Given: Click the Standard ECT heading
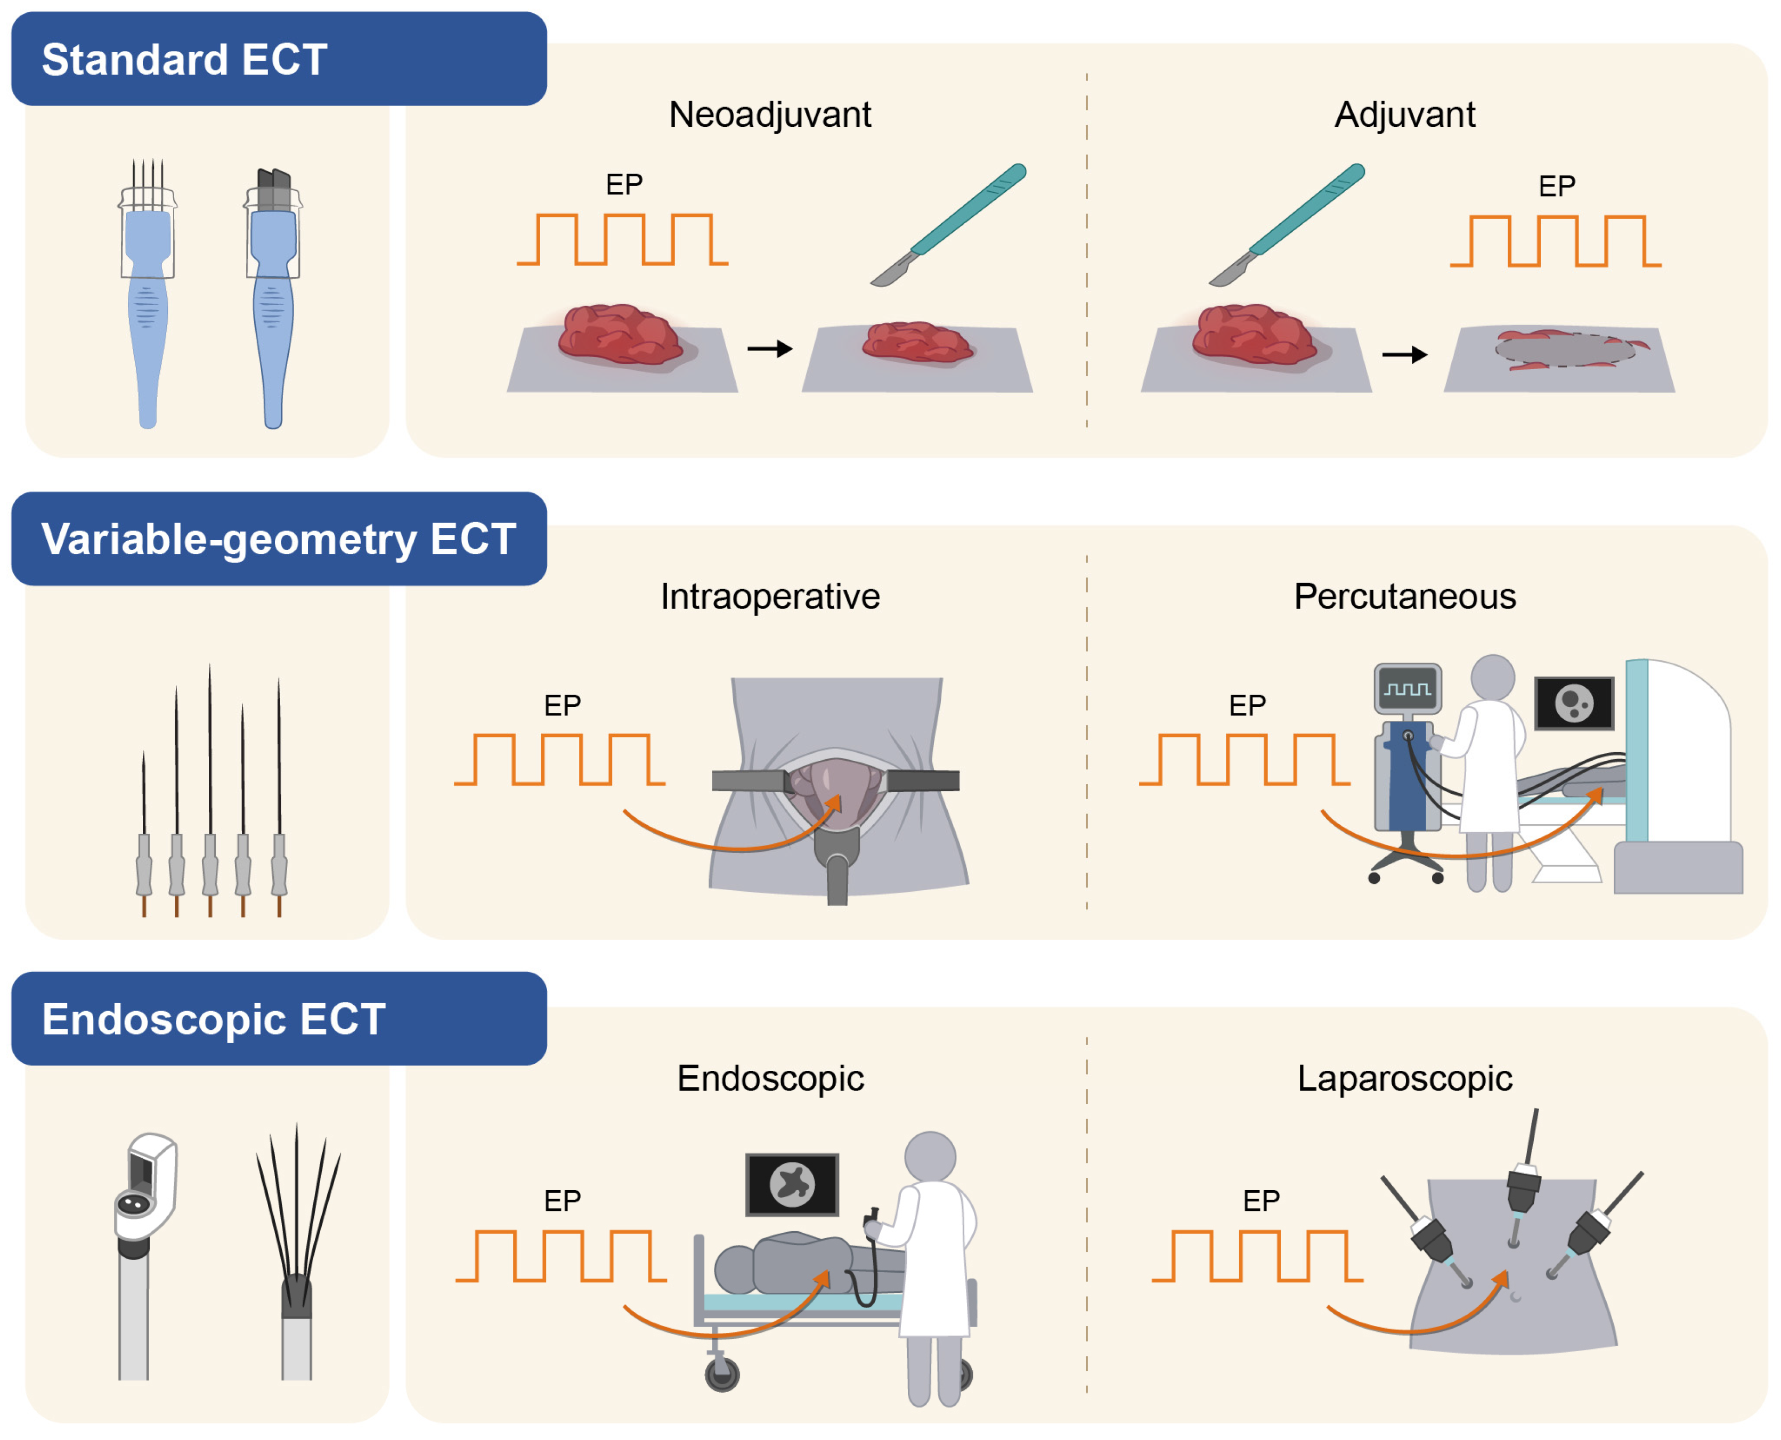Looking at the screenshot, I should (x=184, y=60).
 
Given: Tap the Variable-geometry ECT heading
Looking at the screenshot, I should (x=279, y=539).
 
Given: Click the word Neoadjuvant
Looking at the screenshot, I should (x=770, y=115).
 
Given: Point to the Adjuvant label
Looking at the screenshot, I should (x=1404, y=115).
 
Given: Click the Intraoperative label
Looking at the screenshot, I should (x=770, y=597).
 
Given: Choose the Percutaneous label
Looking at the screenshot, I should (x=1404, y=597).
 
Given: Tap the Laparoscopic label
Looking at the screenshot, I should (x=1404, y=1078).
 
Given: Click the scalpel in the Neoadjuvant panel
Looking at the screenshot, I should (x=950, y=224).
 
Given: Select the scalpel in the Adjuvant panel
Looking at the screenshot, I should (x=1288, y=224).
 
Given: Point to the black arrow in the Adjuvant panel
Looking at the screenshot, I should (x=1404, y=355).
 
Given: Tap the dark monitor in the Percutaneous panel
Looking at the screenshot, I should (x=1574, y=703).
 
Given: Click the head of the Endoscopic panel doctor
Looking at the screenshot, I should (x=930, y=1156).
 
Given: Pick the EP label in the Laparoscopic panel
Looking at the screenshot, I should (x=1261, y=1200).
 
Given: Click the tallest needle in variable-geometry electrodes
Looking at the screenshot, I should (x=210, y=746).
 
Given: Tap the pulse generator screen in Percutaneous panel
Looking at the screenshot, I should (x=1407, y=688).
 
